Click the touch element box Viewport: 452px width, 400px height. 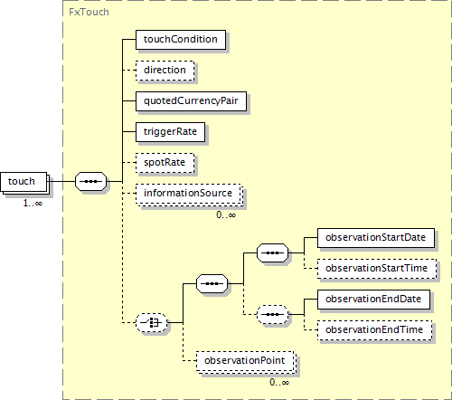24,182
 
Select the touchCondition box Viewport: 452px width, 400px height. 181,40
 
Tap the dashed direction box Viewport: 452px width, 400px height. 165,71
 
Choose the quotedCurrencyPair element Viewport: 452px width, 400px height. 191,101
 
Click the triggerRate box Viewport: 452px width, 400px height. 170,132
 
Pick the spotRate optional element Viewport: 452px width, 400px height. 165,163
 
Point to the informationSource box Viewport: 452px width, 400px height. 189,194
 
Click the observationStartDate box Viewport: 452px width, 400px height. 376,238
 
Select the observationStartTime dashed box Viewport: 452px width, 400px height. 377,269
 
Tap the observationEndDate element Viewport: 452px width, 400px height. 373,300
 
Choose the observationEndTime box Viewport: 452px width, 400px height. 374,330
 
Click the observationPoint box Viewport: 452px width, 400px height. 245,361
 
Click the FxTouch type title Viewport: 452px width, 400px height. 89,12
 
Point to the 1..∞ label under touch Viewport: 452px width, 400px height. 33,203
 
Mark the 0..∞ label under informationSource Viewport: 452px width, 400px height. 226,214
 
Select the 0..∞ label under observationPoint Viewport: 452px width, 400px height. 279,383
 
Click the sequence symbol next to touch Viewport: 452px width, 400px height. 90,182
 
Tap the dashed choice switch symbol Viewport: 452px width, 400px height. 151,323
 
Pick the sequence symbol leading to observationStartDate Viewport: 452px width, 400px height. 272,252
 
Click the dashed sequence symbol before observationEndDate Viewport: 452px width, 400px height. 272,314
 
